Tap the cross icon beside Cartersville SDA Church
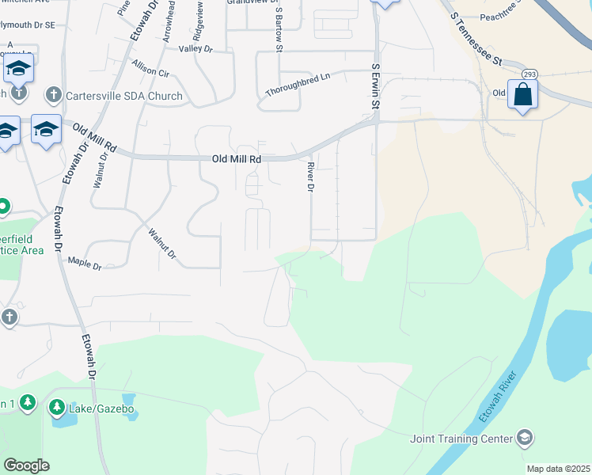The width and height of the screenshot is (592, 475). (x=54, y=96)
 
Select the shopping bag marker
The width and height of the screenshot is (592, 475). (x=522, y=96)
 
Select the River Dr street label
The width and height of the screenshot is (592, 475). (x=310, y=177)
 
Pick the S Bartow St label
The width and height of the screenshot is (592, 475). (x=279, y=28)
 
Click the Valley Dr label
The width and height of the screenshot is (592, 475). (x=196, y=49)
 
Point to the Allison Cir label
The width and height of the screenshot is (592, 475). (x=151, y=68)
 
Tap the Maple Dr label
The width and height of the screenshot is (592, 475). (x=85, y=263)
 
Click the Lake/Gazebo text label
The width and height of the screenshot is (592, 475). (x=103, y=408)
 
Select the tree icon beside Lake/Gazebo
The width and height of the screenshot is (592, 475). (x=57, y=408)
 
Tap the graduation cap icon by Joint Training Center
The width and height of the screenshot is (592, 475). (x=524, y=438)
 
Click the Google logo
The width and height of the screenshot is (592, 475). (x=26, y=465)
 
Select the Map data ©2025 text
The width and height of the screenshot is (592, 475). (x=558, y=469)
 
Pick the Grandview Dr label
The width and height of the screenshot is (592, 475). (x=249, y=2)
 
